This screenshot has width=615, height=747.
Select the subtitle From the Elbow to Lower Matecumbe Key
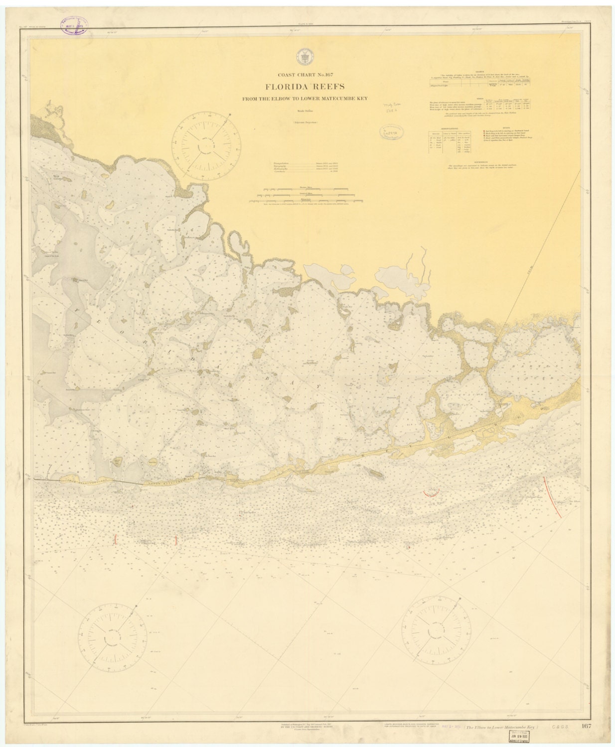[x=307, y=99]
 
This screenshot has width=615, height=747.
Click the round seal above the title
[x=303, y=56]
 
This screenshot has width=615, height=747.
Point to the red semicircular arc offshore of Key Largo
[x=431, y=493]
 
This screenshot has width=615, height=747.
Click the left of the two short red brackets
[x=116, y=538]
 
